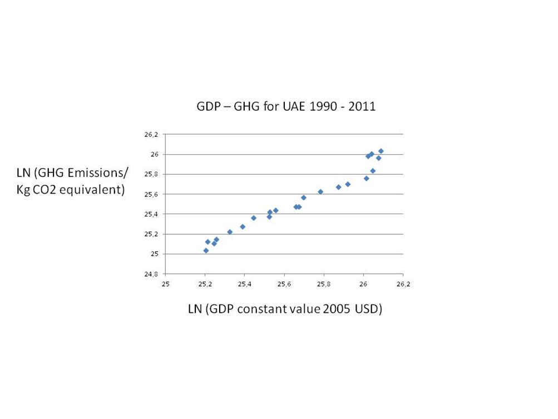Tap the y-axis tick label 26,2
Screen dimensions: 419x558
[152, 134]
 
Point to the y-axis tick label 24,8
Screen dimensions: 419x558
[152, 274]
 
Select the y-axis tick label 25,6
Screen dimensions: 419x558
[152, 194]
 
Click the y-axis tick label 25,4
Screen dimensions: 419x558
[152, 214]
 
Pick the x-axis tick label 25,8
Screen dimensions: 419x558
[324, 284]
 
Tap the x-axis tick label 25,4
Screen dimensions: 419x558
[245, 284]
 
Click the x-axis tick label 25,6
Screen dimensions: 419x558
[284, 284]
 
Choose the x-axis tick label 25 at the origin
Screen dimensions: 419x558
[165, 284]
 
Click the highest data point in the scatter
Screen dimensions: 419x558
[381, 151]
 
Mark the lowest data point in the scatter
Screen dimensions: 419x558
[206, 250]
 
